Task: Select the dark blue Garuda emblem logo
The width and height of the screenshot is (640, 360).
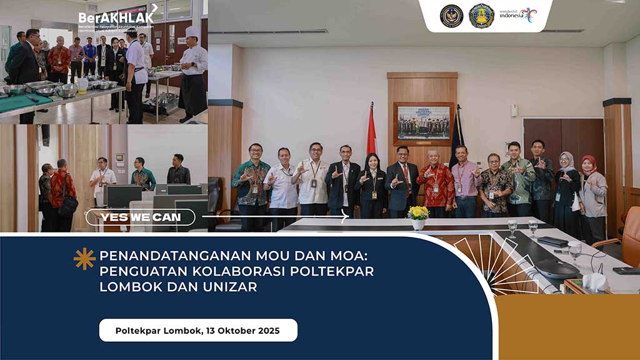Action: (x=451, y=16)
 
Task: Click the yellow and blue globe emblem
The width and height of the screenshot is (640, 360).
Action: (x=481, y=16)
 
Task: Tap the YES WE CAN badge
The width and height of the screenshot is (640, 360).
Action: (x=140, y=217)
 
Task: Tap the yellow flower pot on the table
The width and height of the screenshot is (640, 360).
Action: (x=418, y=216)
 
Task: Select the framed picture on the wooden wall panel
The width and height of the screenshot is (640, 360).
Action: (x=424, y=122)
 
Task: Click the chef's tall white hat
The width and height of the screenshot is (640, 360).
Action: (x=192, y=32)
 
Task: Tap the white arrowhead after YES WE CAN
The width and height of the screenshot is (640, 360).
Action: (x=345, y=217)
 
